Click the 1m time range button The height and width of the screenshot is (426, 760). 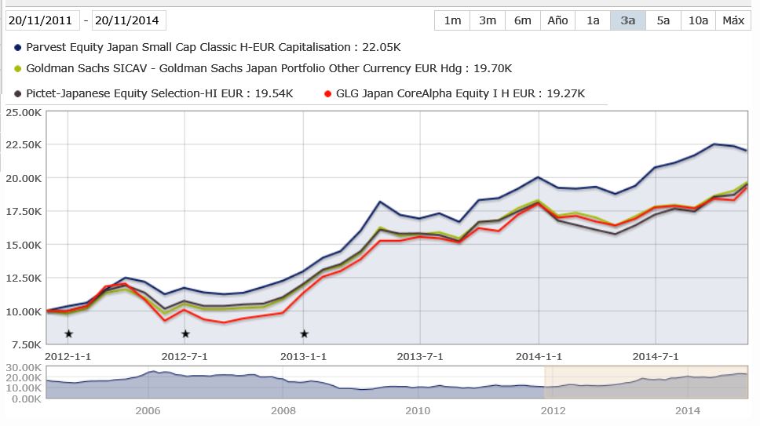tap(452, 20)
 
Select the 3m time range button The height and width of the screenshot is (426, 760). tap(488, 20)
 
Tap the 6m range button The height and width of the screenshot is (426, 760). tap(522, 20)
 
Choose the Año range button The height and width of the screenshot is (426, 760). tap(557, 20)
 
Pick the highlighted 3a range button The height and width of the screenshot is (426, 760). tap(627, 20)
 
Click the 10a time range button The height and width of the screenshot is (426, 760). tap(698, 20)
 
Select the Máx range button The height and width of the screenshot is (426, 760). tap(733, 20)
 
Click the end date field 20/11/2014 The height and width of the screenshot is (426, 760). tap(129, 20)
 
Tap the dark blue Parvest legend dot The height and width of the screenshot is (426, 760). tap(18, 47)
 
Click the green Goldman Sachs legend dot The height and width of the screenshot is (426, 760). tap(18, 69)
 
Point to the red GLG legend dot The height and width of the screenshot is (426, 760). tap(328, 94)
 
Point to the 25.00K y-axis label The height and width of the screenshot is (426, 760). tap(24, 112)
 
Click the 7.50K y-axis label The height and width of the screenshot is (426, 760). tap(26, 344)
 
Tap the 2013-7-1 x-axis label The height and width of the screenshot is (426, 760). tap(420, 356)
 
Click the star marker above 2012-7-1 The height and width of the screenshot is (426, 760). tap(185, 334)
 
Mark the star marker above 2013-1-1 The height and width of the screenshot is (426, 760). tap(304, 334)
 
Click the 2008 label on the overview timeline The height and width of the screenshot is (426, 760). tap(283, 410)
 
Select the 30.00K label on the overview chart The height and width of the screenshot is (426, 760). tap(24, 368)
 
